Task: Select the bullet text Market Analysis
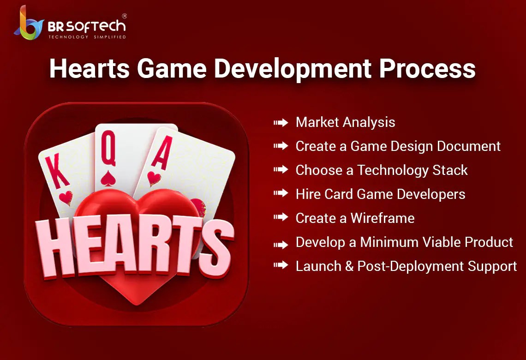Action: [345, 122]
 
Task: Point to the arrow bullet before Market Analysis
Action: [281, 122]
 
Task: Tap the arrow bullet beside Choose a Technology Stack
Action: [281, 170]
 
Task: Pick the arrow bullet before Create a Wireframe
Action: [281, 218]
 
